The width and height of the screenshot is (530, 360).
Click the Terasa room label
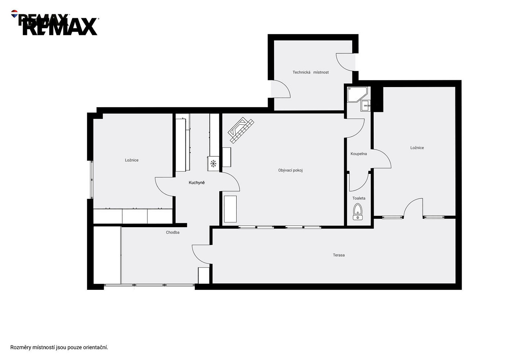coord(338,255)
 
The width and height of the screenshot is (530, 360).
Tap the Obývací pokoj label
coord(290,170)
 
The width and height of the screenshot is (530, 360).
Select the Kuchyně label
coord(197,183)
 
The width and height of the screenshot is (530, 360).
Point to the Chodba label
coord(172,232)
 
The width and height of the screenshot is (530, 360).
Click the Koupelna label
coord(359,154)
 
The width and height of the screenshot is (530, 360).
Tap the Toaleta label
coord(359,198)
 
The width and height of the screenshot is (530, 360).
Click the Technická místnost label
coord(310,72)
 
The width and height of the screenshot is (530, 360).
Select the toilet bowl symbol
coord(358,212)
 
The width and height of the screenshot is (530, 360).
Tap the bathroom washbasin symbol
coord(365,105)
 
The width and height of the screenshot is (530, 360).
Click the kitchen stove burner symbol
coord(214,163)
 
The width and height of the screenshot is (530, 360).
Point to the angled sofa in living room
coord(241,130)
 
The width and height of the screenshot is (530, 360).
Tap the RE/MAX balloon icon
coord(14,14)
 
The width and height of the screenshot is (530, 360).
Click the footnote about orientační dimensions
coord(59,347)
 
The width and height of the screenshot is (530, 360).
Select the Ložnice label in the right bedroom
coord(417,148)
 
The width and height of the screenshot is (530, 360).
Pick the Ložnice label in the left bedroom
coord(131,160)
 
